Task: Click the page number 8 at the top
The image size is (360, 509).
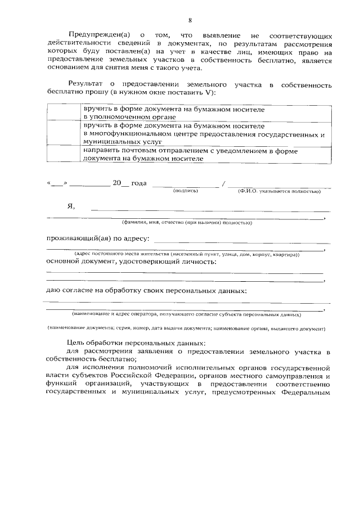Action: point(190,20)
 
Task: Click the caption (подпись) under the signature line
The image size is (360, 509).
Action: point(186,191)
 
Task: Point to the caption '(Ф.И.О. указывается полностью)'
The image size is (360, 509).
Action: point(279,191)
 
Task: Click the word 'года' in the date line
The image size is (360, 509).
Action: point(139,183)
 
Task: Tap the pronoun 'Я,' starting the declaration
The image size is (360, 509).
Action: point(71,206)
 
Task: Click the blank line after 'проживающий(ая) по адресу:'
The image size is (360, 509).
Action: point(242,242)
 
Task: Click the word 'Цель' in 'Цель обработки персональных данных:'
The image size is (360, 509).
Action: point(75,343)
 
